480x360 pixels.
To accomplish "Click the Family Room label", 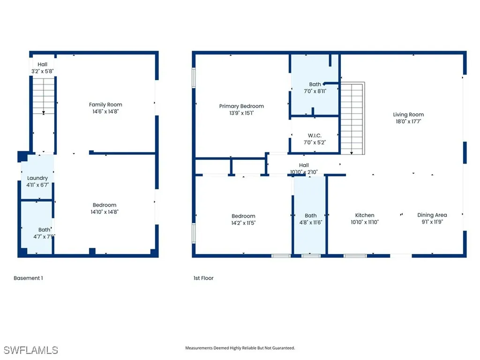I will (105, 105).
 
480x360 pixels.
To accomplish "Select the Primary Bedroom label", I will (241, 106).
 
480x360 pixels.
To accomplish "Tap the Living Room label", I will (408, 114).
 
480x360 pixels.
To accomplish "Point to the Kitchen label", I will (365, 215).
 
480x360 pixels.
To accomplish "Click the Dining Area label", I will (432, 215).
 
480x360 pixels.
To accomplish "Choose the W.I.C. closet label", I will (315, 135).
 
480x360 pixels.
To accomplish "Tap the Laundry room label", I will (37, 178).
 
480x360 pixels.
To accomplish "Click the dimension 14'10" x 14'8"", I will (105, 212).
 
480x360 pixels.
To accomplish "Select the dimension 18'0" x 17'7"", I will (408, 121).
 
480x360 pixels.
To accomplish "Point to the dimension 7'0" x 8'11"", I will (315, 91).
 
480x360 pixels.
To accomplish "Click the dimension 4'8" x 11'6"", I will (311, 223).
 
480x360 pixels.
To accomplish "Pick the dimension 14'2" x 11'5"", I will (243, 223).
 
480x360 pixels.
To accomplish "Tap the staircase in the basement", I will (43, 97).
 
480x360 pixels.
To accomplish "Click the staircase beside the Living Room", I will (352, 117).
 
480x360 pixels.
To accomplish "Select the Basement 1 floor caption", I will (28, 278).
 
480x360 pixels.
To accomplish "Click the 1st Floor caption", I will (203, 278).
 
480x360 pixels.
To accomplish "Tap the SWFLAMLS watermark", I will (30, 350).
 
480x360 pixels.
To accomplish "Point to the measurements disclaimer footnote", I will (240, 348).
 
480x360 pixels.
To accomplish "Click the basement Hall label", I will (43, 64).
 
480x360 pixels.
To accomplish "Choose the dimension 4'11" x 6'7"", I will (37, 185).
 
